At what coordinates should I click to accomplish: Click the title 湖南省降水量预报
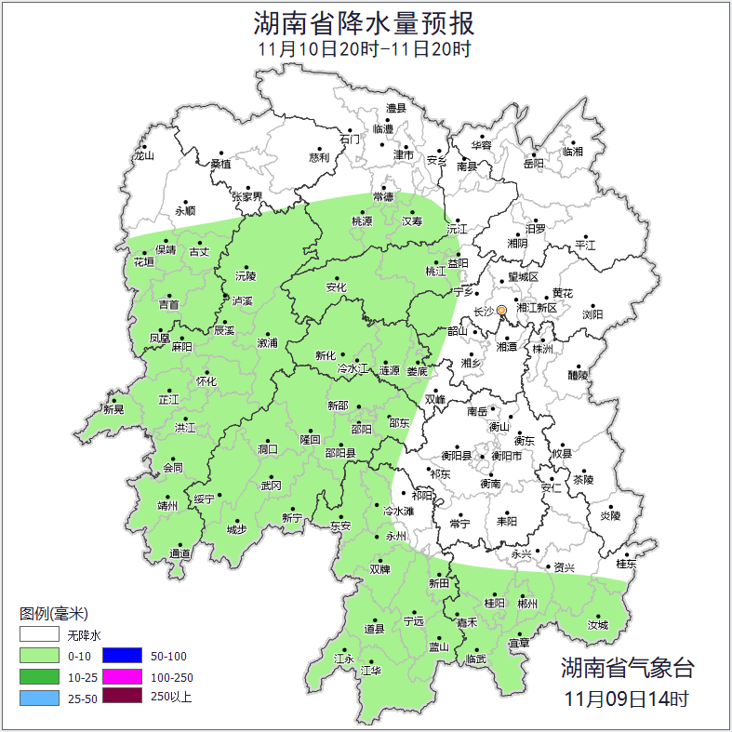click(365, 21)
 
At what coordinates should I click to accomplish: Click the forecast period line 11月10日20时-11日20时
click(365, 49)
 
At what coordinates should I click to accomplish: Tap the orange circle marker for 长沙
click(502, 310)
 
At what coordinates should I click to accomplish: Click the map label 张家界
click(247, 197)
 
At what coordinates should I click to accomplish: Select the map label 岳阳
click(533, 164)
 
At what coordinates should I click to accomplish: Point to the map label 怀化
click(206, 381)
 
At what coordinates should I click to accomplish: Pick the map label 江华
click(371, 670)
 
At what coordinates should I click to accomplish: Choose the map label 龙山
click(143, 155)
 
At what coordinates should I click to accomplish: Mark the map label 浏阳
click(592, 314)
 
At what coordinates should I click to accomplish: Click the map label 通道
click(180, 554)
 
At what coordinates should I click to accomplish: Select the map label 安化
click(336, 287)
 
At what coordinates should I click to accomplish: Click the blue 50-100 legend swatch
click(121, 656)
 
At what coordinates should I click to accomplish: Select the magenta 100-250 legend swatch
click(121, 676)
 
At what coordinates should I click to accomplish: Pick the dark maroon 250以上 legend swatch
click(121, 696)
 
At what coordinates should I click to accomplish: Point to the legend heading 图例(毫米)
click(53, 614)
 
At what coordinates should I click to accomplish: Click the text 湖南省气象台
click(627, 667)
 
